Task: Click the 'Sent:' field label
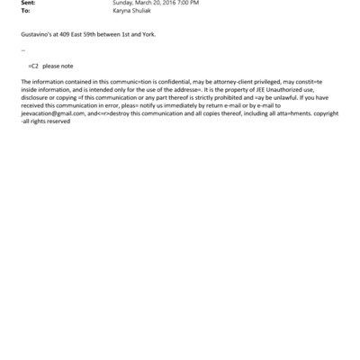tap(26, 4)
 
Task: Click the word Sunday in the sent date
tap(121, 4)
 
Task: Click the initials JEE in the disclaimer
tap(270, 90)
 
